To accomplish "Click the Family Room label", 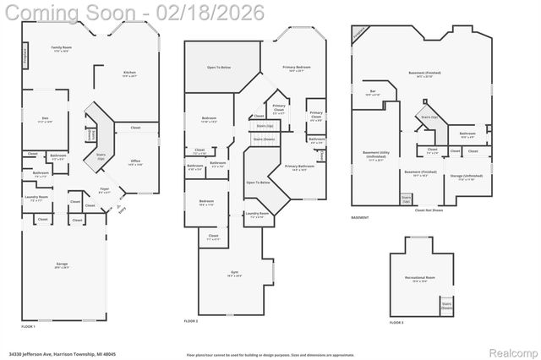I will point(60,49).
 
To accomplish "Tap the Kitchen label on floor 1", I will point(129,74).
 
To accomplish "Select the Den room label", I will point(45,120).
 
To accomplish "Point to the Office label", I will point(135,162).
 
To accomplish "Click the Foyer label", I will point(105,190).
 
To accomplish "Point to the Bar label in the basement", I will point(373,93).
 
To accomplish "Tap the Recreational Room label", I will point(419,280).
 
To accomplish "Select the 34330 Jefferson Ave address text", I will point(51,354).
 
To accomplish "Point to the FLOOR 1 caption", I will point(28,326).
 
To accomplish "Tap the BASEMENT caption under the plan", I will point(360,218).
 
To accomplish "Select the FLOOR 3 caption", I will point(396,323).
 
